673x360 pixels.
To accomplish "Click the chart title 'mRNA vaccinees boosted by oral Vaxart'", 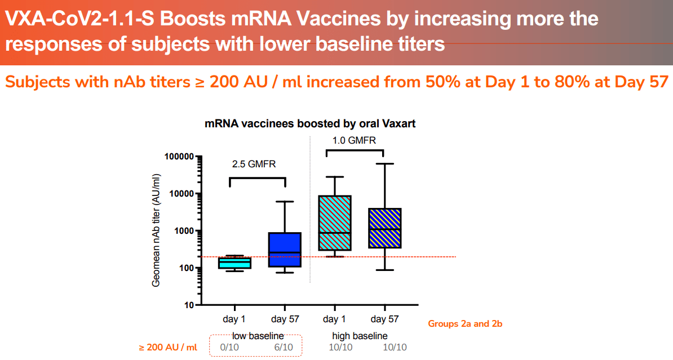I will pos(309,123).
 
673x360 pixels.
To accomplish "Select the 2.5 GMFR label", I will pos(255,165).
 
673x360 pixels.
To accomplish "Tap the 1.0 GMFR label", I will pos(354,140).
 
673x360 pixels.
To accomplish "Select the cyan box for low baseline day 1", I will pos(234,263).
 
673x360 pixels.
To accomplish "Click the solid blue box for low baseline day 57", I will pos(285,250).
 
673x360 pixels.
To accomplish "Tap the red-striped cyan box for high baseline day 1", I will pos(334,223).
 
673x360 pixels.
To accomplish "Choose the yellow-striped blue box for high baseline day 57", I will pos(384,228).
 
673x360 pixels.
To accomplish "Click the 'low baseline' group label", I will pos(255,336).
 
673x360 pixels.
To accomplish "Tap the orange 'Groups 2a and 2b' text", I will pos(465,324).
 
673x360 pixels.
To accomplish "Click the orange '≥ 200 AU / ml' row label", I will pos(168,347).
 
